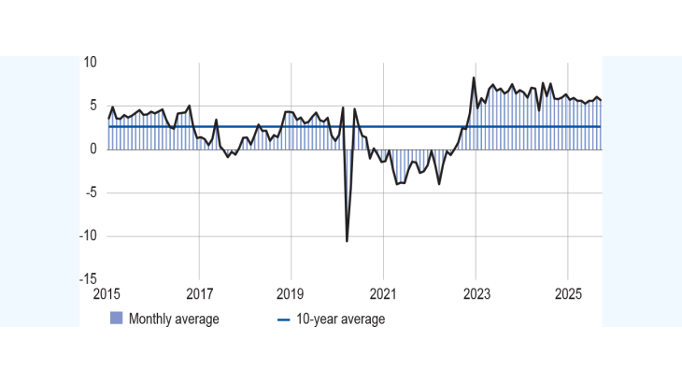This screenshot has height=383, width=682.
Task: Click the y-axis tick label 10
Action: (x=91, y=63)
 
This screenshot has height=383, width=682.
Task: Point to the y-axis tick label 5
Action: (x=93, y=106)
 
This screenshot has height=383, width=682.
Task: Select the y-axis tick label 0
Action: (x=93, y=149)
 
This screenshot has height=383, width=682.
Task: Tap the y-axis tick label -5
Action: (x=91, y=192)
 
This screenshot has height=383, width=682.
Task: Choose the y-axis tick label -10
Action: (x=88, y=235)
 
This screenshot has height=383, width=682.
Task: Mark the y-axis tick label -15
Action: (x=88, y=278)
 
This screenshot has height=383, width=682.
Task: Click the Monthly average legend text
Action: (x=174, y=319)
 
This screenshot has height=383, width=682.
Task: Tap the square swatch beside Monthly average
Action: (x=116, y=319)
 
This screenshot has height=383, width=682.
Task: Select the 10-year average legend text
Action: (x=340, y=319)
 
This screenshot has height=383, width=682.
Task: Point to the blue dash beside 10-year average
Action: (x=284, y=319)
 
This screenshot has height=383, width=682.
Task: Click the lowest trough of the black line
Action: (x=348, y=241)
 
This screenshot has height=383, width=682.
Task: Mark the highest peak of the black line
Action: (x=475, y=78)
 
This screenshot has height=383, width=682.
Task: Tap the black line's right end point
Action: (x=601, y=100)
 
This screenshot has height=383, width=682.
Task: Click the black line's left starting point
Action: (x=107, y=119)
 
